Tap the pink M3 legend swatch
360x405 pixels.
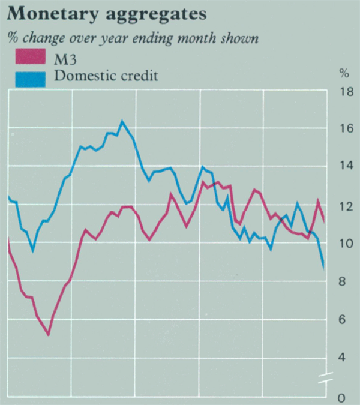30,58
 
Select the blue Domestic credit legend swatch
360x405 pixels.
30,77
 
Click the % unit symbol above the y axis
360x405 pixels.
344,74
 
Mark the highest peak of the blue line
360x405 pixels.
122,121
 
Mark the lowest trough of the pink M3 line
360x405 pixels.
48,335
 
